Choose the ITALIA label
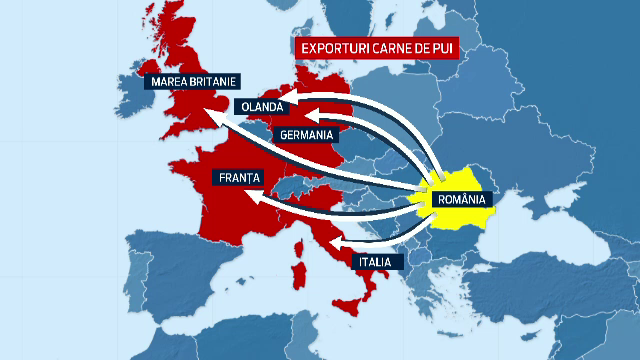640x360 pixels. (x=377, y=262)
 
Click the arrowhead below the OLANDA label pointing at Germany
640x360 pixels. (x=275, y=122)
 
